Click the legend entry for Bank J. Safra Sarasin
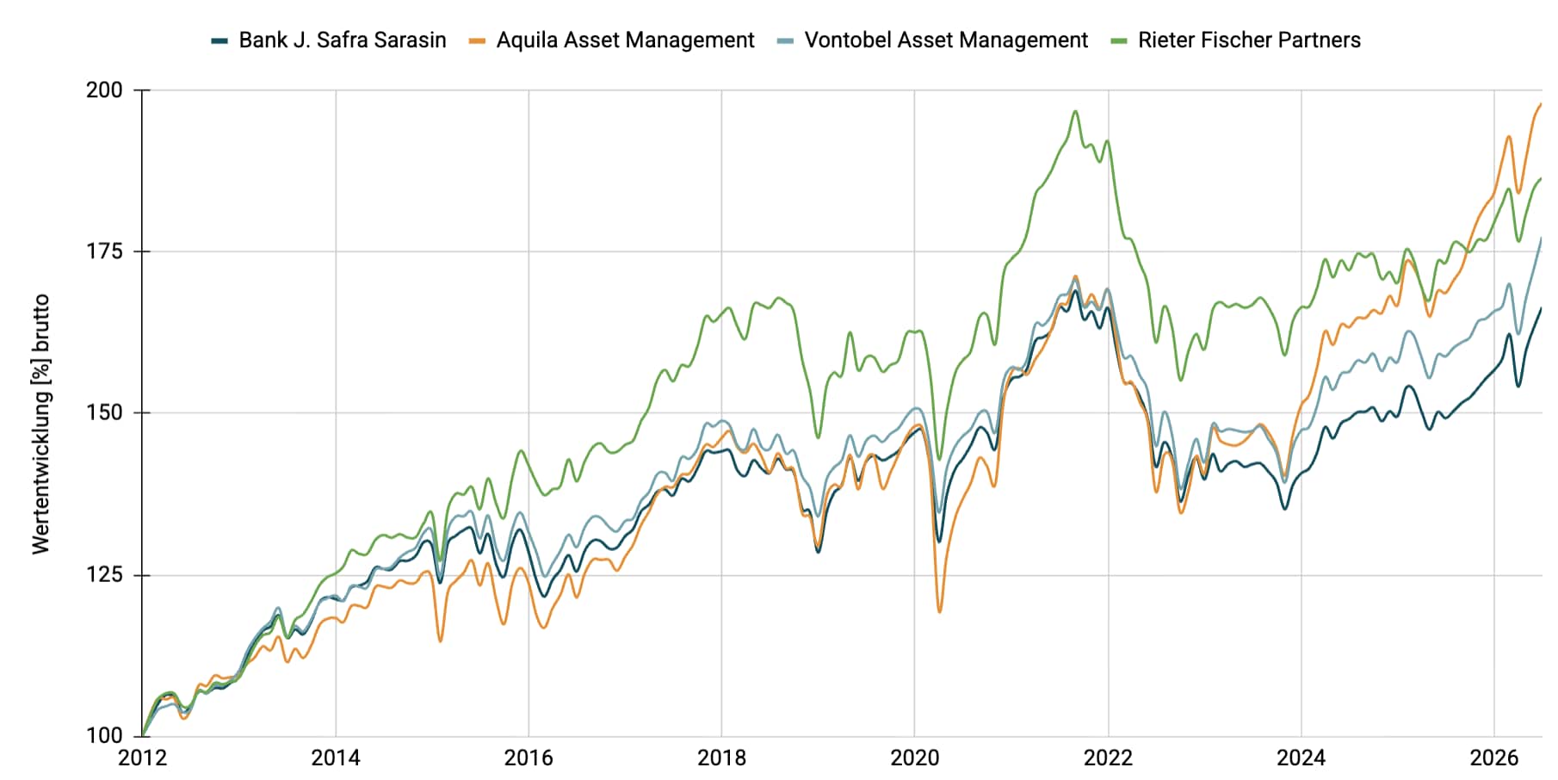coord(329,40)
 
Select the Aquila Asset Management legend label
coord(612,40)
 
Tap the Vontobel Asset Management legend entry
coord(933,40)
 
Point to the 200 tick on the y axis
coord(104,90)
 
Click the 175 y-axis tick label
coord(104,251)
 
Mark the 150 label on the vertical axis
coord(104,412)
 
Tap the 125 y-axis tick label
coord(104,574)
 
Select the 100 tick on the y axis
coord(104,735)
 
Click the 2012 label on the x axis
coord(143,758)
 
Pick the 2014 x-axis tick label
coord(336,758)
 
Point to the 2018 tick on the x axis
coord(722,758)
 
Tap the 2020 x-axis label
coord(915,758)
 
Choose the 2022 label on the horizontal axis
coord(1109,758)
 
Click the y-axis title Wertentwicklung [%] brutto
coord(41,424)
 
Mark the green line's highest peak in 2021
coord(1075,111)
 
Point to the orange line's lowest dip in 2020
coord(939,611)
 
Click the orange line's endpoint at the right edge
coord(1541,104)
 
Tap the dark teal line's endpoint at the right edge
coord(1541,308)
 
